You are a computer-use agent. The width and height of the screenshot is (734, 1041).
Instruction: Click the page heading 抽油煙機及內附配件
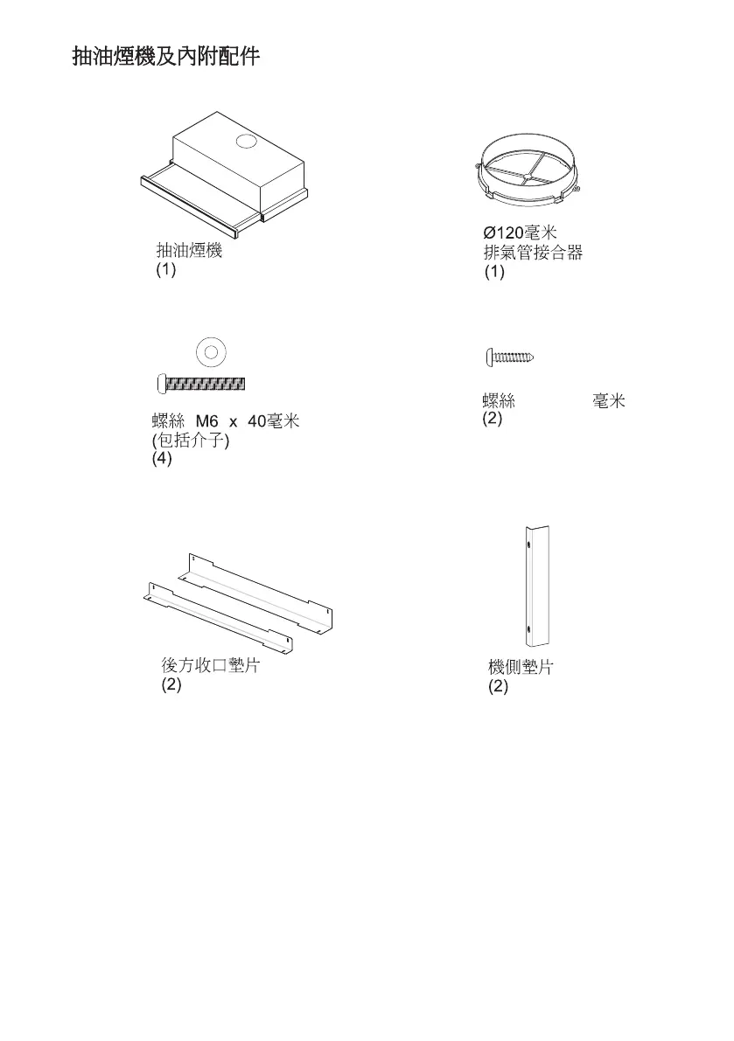[165, 59]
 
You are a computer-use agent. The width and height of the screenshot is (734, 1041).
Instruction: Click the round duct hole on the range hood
[247, 142]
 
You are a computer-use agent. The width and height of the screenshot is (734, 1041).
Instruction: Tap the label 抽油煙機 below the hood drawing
[189, 252]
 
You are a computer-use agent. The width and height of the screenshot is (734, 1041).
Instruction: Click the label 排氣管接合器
[533, 253]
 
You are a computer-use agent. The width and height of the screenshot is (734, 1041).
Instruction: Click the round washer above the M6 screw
[208, 352]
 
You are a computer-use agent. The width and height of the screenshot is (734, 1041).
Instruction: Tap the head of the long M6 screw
[160, 383]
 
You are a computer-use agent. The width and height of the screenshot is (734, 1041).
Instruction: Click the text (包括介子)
[191, 441]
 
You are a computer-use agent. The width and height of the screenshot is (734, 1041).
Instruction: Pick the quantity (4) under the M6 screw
[163, 460]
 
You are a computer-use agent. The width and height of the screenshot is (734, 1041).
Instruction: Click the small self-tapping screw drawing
[510, 357]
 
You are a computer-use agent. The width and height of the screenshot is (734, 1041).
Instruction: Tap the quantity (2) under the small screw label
[493, 420]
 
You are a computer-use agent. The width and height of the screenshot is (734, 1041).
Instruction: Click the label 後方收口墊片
[210, 666]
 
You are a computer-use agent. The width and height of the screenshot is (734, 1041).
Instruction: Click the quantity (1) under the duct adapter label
[495, 273]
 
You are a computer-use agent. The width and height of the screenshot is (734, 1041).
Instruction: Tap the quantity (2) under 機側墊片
[499, 687]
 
